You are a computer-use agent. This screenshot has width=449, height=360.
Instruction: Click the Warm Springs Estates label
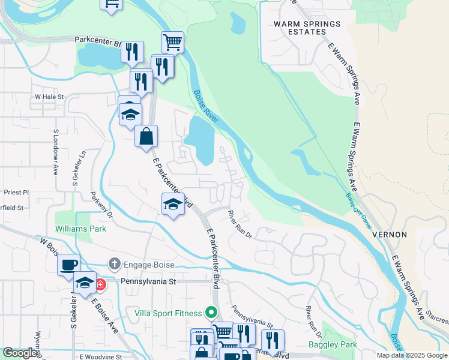pos(307,29)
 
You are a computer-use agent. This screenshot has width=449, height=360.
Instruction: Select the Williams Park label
pos(80,229)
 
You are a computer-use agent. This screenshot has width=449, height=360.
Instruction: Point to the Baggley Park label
pos(333,344)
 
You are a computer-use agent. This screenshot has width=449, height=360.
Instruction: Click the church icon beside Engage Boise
pos(114,263)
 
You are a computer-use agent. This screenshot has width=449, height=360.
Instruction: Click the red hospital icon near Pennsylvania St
pos(100,284)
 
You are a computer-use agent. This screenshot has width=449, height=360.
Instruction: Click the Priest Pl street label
pos(16,193)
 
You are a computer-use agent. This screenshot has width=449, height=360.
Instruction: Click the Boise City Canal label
pos(358,210)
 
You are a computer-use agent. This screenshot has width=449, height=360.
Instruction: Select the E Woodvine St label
pos(100,356)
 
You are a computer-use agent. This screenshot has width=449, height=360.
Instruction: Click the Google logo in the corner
pos(20,353)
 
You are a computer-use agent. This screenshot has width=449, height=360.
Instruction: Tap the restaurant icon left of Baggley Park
pos(273,340)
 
